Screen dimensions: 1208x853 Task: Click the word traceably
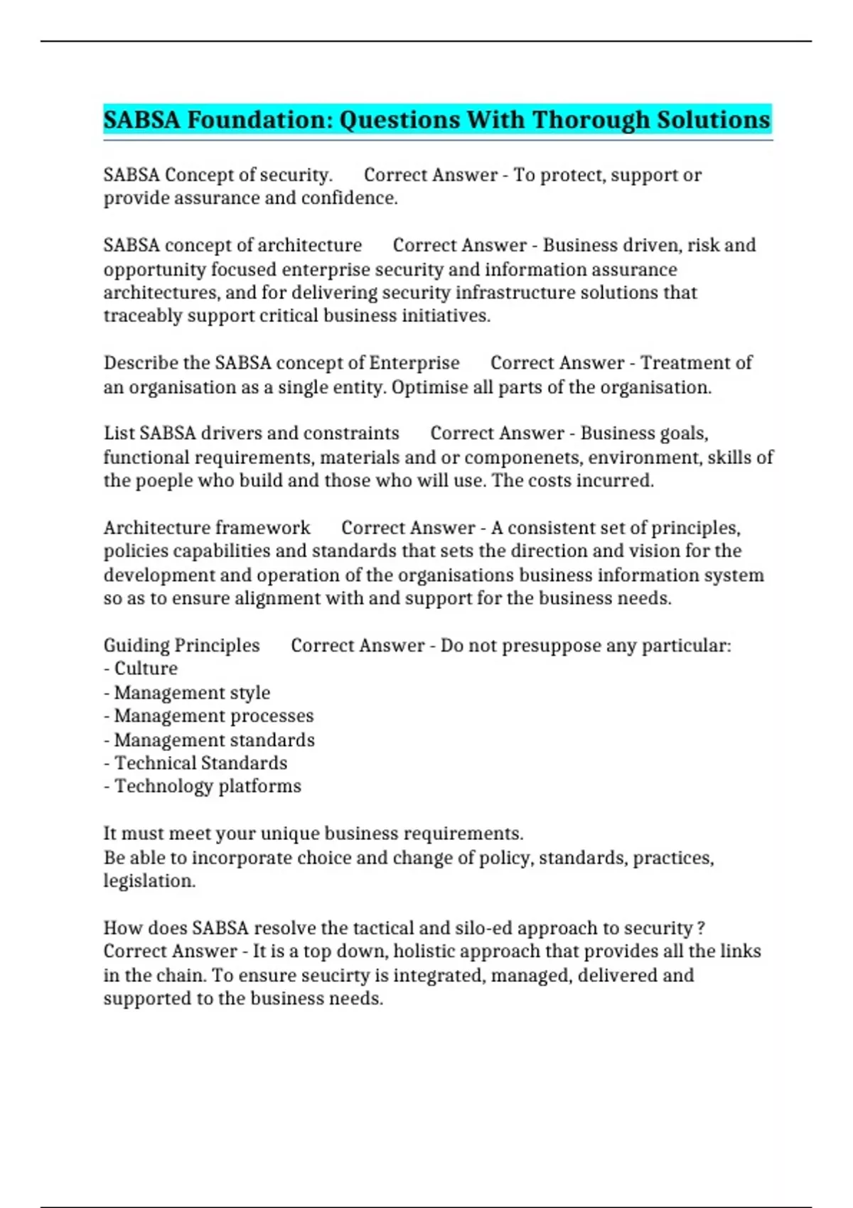point(142,316)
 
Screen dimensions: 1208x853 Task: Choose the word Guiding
point(136,646)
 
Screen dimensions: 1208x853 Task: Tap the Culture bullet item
point(146,669)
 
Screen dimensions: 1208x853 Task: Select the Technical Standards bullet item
point(200,763)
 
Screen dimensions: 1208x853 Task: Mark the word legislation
point(149,881)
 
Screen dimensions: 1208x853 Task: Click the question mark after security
point(702,928)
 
